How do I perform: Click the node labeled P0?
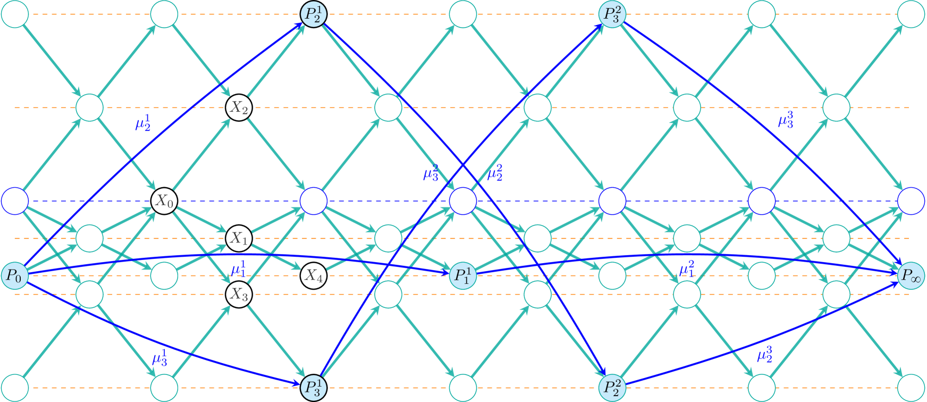tap(14, 275)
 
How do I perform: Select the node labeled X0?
tap(164, 201)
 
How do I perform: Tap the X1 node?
tap(239, 238)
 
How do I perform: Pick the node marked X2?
tap(239, 108)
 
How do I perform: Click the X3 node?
tap(239, 294)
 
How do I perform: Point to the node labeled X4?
tap(313, 275)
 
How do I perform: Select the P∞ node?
tap(911, 275)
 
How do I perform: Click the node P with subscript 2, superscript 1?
tap(313, 14)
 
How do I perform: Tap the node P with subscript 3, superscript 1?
tap(313, 387)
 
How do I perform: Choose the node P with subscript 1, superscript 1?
tap(462, 275)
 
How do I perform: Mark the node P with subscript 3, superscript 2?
tap(612, 14)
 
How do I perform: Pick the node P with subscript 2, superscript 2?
tap(612, 387)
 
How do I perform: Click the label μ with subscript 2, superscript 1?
tap(143, 123)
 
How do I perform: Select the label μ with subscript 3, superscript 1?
tap(160, 358)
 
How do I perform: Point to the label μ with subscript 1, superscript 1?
tap(239, 269)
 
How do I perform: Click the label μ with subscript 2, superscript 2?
tap(495, 173)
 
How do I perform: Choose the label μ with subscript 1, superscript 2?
tap(687, 269)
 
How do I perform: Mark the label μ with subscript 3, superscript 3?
tap(786, 120)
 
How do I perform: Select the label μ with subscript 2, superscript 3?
tap(765, 354)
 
